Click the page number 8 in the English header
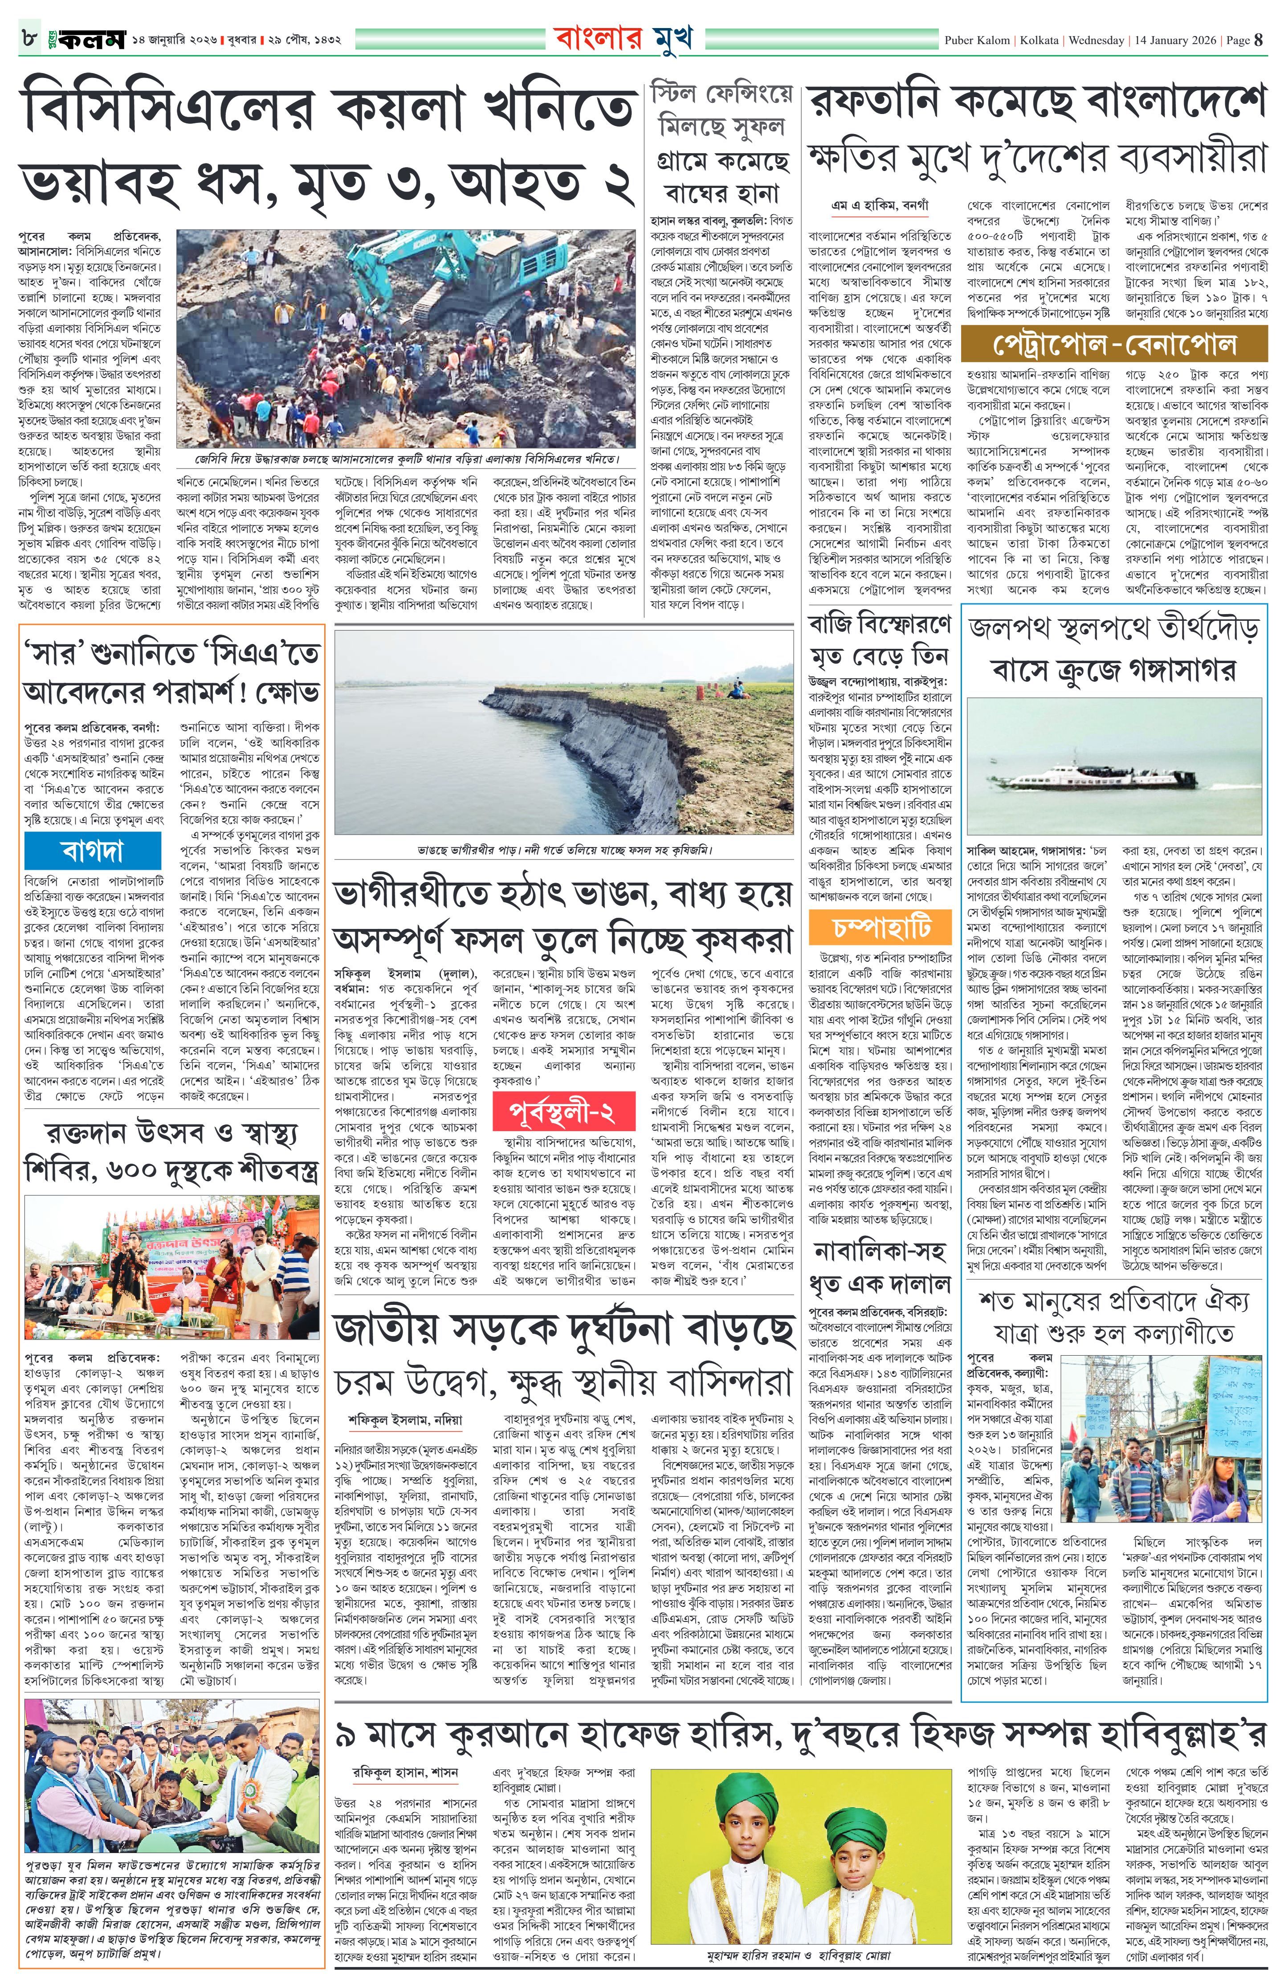point(1259,39)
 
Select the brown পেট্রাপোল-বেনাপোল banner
point(1113,344)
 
